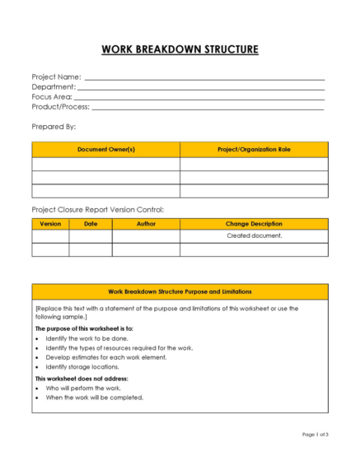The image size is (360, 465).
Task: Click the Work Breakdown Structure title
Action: tap(180, 49)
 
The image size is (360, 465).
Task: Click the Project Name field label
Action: tap(56, 77)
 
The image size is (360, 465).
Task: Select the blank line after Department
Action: tap(201, 87)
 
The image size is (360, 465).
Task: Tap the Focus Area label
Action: tap(52, 97)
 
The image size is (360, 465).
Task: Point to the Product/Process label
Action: tap(60, 107)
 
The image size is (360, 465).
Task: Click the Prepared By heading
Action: tap(54, 127)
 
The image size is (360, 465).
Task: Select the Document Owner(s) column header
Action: tap(105, 149)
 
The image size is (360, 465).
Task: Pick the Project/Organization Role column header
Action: tap(254, 149)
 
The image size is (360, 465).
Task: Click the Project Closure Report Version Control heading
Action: tap(98, 209)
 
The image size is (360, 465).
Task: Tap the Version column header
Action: tap(50, 223)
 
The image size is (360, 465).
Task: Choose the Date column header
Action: tap(91, 223)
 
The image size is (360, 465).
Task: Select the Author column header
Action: tap(146, 223)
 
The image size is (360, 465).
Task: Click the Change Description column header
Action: tap(254, 223)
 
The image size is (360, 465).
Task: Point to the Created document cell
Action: tap(254, 235)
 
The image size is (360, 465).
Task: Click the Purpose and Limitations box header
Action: tap(180, 291)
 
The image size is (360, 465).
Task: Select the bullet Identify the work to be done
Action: tap(90, 338)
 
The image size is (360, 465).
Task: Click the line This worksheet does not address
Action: tap(82, 378)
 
